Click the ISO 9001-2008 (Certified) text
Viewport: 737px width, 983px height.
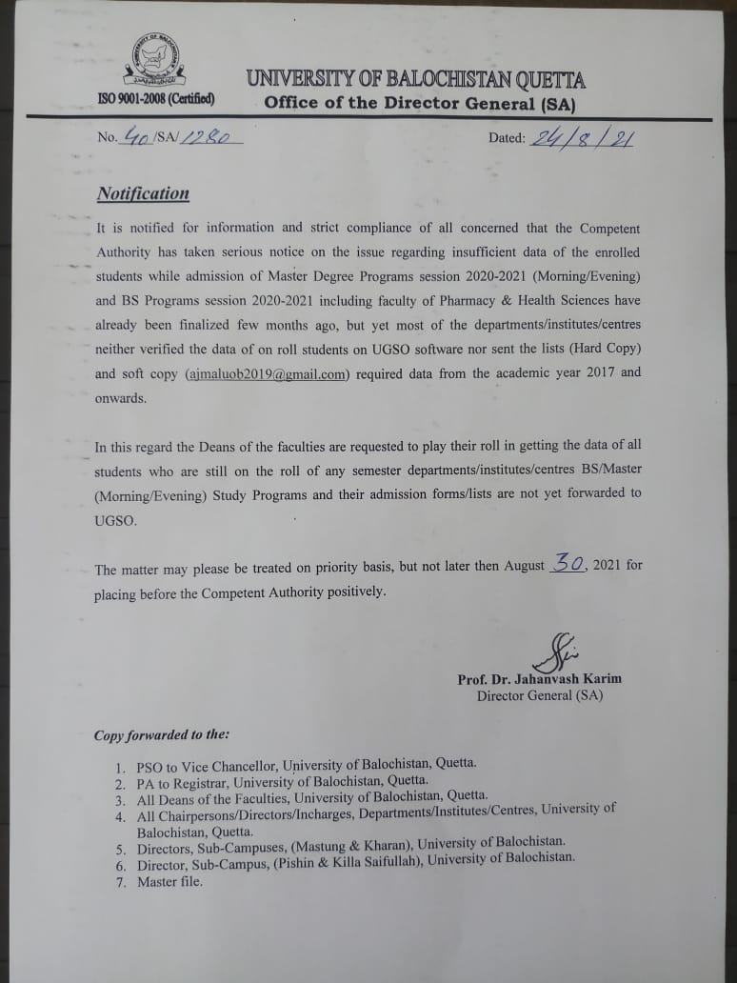[156, 99]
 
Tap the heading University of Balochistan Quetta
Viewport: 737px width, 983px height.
[417, 79]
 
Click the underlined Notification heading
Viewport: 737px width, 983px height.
[143, 193]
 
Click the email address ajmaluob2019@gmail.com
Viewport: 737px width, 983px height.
[268, 373]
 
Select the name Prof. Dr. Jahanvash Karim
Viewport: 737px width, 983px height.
[539, 679]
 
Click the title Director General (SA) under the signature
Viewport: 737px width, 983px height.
[539, 695]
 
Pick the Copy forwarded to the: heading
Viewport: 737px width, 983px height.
[161, 735]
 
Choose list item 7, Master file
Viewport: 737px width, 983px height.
[170, 882]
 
